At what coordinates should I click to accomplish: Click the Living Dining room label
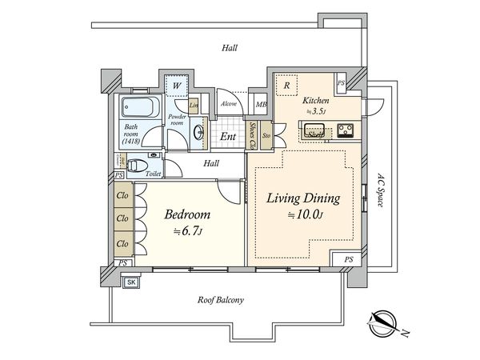[298, 198]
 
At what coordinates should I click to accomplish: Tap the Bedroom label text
[187, 214]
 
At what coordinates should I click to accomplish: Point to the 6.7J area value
[190, 232]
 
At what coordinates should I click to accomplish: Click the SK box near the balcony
[131, 282]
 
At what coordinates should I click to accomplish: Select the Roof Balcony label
[221, 300]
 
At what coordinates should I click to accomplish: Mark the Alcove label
[229, 103]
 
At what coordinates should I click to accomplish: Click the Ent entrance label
[228, 136]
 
